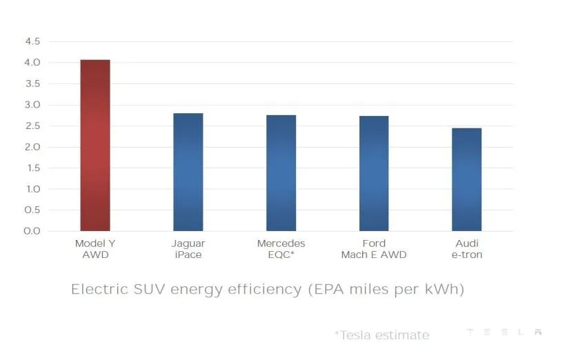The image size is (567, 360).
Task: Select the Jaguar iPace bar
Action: tap(188, 172)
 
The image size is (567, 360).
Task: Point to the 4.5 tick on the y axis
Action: tap(32, 41)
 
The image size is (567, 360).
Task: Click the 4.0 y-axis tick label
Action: tap(32, 63)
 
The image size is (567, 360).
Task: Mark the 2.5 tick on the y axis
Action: tap(32, 126)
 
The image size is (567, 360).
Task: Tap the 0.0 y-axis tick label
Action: tap(32, 231)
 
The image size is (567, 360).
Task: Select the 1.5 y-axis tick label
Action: tap(32, 168)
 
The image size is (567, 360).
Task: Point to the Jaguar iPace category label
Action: tap(188, 249)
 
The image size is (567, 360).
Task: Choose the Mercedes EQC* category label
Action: tap(281, 249)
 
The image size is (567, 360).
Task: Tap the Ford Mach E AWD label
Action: tap(374, 249)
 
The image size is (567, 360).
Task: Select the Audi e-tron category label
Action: tap(467, 249)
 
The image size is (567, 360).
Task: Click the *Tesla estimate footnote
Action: tap(381, 335)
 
